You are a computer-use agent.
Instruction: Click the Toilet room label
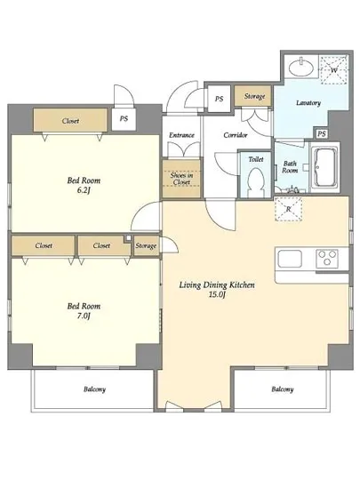[x=256, y=159]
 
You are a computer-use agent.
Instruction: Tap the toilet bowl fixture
[x=255, y=183]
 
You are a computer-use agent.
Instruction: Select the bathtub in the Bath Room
[x=324, y=166]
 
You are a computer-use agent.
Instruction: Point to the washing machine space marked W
[x=334, y=70]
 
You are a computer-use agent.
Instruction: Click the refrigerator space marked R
[x=288, y=209]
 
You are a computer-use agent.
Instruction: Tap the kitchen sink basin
[x=290, y=259]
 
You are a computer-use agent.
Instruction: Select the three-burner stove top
[x=327, y=259]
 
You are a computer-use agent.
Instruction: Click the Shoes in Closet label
[x=181, y=179]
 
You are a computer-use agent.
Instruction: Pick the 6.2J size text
[x=84, y=190]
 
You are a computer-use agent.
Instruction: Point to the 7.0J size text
[x=84, y=316]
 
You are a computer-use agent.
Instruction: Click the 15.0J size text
[x=217, y=294]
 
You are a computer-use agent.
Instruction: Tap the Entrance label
[x=181, y=135]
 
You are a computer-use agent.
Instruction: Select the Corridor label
[x=236, y=135]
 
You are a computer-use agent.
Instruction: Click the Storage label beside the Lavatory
[x=254, y=96]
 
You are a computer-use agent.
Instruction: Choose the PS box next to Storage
[x=220, y=99]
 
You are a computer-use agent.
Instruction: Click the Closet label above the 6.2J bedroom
[x=70, y=121]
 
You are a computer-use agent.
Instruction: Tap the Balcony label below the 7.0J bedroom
[x=95, y=389]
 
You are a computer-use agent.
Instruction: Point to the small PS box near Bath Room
[x=322, y=133]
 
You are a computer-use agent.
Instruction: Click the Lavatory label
[x=308, y=102]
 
